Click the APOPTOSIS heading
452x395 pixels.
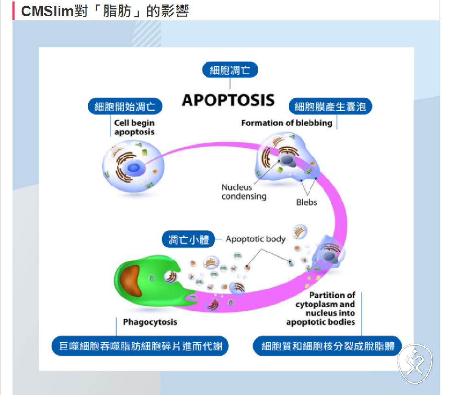coord(228,100)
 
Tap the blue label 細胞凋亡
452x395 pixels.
coord(230,70)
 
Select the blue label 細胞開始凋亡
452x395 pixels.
coord(125,107)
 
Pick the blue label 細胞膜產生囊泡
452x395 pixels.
coord(330,107)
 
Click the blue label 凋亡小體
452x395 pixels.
coord(189,239)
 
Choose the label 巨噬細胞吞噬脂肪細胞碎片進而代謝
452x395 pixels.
coord(140,346)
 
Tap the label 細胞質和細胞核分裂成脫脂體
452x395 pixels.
coord(327,346)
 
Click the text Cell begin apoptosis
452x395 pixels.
coord(134,127)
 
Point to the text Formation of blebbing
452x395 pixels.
coord(287,123)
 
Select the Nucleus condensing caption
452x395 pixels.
coord(244,192)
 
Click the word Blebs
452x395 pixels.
coord(307,202)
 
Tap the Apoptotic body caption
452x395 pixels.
coord(256,239)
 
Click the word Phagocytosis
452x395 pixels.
coord(150,322)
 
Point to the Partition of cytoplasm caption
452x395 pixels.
coord(321,309)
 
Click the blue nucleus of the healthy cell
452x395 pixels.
coord(134,167)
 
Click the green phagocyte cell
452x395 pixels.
coord(150,281)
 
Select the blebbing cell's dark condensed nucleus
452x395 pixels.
coord(287,160)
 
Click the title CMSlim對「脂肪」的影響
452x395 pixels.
coord(105,11)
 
